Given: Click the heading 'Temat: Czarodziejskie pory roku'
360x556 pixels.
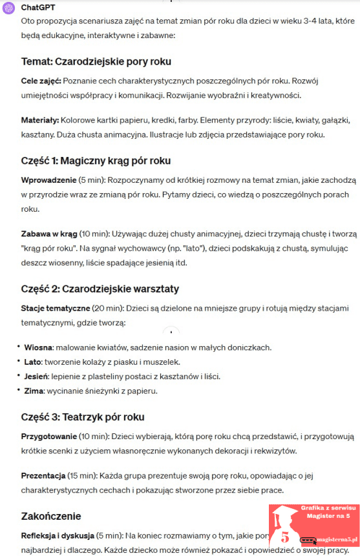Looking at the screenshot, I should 96,62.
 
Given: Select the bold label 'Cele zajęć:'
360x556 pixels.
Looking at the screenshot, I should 41,82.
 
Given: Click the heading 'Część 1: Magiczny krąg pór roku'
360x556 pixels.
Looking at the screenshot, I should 96,160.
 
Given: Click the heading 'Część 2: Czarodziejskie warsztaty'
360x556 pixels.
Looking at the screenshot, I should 100,289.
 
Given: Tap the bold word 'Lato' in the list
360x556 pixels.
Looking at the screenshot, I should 33,362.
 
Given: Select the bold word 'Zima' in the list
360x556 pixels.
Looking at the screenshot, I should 34,390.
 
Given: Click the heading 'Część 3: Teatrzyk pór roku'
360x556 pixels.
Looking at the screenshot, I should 83,417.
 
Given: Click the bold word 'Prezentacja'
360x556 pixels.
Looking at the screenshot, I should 43,476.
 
